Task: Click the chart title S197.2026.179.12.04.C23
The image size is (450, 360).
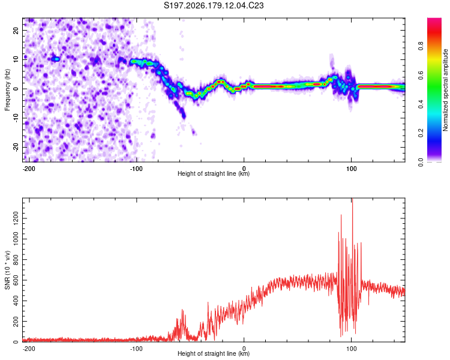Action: (214, 5)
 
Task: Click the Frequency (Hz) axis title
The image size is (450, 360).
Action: (7, 90)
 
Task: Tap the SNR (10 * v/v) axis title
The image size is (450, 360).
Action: (7, 270)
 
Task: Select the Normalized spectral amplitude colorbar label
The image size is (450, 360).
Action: (445, 90)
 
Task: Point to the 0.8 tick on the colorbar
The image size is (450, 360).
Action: (421, 46)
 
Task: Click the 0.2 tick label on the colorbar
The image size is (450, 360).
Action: (421, 133)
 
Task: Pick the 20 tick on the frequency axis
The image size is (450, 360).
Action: (16, 31)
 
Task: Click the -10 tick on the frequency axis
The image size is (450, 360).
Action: (16, 118)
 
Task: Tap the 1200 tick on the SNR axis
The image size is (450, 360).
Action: (16, 218)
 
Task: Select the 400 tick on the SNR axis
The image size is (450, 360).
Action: (16, 301)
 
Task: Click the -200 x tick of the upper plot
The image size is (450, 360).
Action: (29, 169)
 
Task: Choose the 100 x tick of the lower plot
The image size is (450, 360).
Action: (351, 349)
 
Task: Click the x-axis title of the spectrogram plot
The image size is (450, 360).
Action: (214, 173)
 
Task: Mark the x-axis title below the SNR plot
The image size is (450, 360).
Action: (214, 353)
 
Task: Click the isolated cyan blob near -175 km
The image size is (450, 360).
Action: (56, 59)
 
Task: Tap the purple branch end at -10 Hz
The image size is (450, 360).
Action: (184, 116)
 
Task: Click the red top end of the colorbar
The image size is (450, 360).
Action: (434, 20)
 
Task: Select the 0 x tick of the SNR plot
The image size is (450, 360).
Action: (244, 349)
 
